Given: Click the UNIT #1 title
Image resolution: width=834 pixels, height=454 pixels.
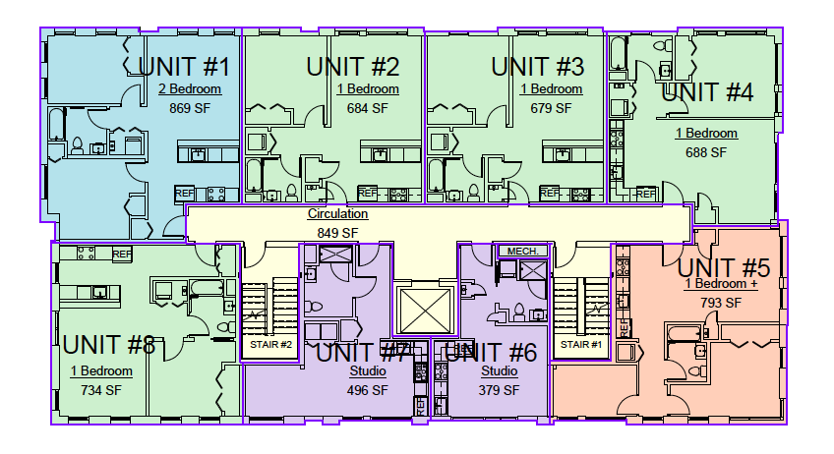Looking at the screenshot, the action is pyautogui.click(x=184, y=67).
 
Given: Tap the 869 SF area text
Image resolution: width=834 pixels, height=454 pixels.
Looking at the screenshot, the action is pyautogui.click(x=190, y=108).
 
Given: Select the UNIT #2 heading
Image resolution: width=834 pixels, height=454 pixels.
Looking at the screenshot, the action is pyautogui.click(x=353, y=67).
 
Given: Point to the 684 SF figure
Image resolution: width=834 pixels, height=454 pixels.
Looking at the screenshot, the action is pyautogui.click(x=368, y=108).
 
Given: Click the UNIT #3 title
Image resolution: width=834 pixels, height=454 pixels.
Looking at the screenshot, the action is pyautogui.click(x=537, y=67).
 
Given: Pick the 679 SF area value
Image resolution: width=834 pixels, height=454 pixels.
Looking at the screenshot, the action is pyautogui.click(x=551, y=108).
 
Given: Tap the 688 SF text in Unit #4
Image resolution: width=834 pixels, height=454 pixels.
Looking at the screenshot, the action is pyautogui.click(x=706, y=152).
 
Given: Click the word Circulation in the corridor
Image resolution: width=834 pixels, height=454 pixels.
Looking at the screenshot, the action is pyautogui.click(x=337, y=213).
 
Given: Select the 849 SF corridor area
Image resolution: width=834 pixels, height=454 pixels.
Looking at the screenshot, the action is pyautogui.click(x=337, y=233).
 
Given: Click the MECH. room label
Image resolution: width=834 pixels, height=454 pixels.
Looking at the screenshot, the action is pyautogui.click(x=523, y=251).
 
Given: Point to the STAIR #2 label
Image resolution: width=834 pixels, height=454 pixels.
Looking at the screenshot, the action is pyautogui.click(x=270, y=345).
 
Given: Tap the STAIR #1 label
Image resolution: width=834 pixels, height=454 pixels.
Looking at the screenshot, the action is pyautogui.click(x=581, y=345).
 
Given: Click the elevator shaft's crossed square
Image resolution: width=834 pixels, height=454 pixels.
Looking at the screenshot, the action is pyautogui.click(x=425, y=311).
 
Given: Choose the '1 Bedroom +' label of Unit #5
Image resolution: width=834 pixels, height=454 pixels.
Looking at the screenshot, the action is pyautogui.click(x=721, y=284).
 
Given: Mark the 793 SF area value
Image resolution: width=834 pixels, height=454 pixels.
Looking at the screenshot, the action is pyautogui.click(x=721, y=303).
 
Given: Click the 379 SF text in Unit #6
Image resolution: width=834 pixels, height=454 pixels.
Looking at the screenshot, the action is pyautogui.click(x=499, y=390).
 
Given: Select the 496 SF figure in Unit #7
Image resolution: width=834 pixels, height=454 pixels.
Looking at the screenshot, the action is pyautogui.click(x=368, y=390).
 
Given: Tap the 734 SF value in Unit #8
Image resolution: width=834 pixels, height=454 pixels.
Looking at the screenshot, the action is pyautogui.click(x=101, y=390).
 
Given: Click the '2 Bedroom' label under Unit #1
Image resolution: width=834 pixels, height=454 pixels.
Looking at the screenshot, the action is pyautogui.click(x=190, y=89).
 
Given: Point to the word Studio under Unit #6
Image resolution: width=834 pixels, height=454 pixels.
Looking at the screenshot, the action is pyautogui.click(x=499, y=371).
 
